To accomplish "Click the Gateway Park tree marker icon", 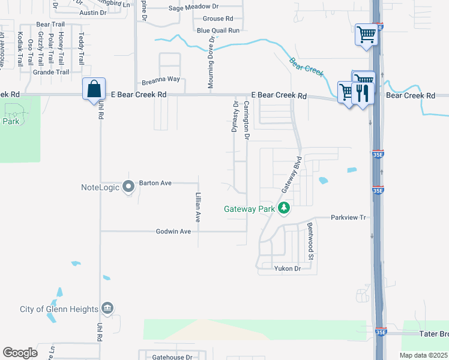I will pos(284,209).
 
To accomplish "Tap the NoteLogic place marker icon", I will pos(128,187).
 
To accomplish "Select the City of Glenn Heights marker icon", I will pos(107,308).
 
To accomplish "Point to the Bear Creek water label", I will pos(307,67).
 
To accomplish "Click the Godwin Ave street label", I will pos(173,231).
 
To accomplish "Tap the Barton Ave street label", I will pos(155,182).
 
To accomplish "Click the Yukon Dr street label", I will pos(287,268).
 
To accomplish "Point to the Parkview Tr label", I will pos(348,217).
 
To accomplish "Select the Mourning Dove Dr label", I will pos(211,62).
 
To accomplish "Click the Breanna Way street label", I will pos(161,79).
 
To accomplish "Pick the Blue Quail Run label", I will pos(218,30).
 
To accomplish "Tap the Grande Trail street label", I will pos(51,72).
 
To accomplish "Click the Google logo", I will pos(20,353).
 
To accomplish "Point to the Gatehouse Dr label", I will pos(171,356).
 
